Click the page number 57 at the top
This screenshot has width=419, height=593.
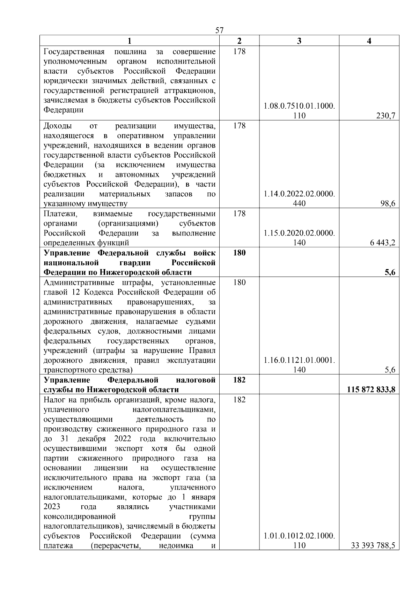[x=219, y=30]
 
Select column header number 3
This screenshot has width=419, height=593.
[x=299, y=41]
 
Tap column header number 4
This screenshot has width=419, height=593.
[x=369, y=41]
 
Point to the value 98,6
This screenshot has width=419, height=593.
[x=388, y=203]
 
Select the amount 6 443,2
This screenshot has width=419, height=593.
[x=383, y=243]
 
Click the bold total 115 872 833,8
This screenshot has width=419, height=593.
[x=371, y=390]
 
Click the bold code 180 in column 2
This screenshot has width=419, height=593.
[x=239, y=253]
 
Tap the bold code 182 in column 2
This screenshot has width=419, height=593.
[x=239, y=380]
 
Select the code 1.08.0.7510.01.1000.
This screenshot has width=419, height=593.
[x=299, y=106]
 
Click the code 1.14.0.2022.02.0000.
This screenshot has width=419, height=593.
[x=299, y=194]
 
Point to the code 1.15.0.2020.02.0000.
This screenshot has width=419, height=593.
[x=299, y=233]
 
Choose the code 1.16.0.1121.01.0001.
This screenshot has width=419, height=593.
[x=299, y=360]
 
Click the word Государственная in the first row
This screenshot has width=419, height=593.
[x=74, y=52]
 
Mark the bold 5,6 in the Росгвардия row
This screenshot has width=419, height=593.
[x=390, y=272]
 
